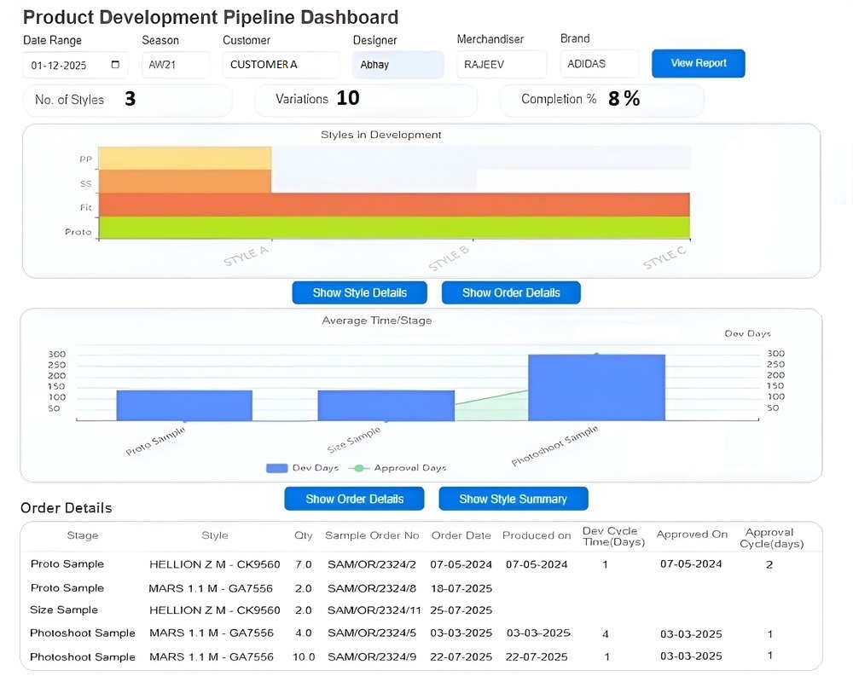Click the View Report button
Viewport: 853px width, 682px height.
click(x=698, y=64)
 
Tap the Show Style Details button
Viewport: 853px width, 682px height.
click(x=360, y=292)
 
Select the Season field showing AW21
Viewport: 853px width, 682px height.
click(x=176, y=65)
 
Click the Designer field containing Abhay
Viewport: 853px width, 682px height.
click(x=398, y=65)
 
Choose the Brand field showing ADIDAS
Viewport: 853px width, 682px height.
click(x=600, y=64)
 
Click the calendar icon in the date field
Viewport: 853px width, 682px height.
click(x=115, y=65)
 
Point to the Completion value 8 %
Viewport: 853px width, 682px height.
click(x=624, y=98)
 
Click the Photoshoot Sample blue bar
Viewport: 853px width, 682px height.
click(x=597, y=387)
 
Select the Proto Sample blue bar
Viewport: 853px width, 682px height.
click(x=184, y=405)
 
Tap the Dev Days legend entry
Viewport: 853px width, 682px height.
click(x=302, y=468)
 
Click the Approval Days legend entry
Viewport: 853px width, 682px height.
click(x=397, y=468)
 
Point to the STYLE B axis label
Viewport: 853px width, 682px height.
click(x=449, y=257)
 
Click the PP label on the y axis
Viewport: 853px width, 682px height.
click(x=85, y=159)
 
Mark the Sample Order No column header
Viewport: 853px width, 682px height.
click(x=372, y=535)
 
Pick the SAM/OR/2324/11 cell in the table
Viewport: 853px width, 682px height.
click(x=374, y=610)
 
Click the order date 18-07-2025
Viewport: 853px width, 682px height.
click(x=461, y=588)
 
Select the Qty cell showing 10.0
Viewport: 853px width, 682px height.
click(x=304, y=657)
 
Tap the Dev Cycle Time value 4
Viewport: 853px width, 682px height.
click(x=606, y=634)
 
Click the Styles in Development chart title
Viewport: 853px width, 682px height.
click(x=380, y=135)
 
